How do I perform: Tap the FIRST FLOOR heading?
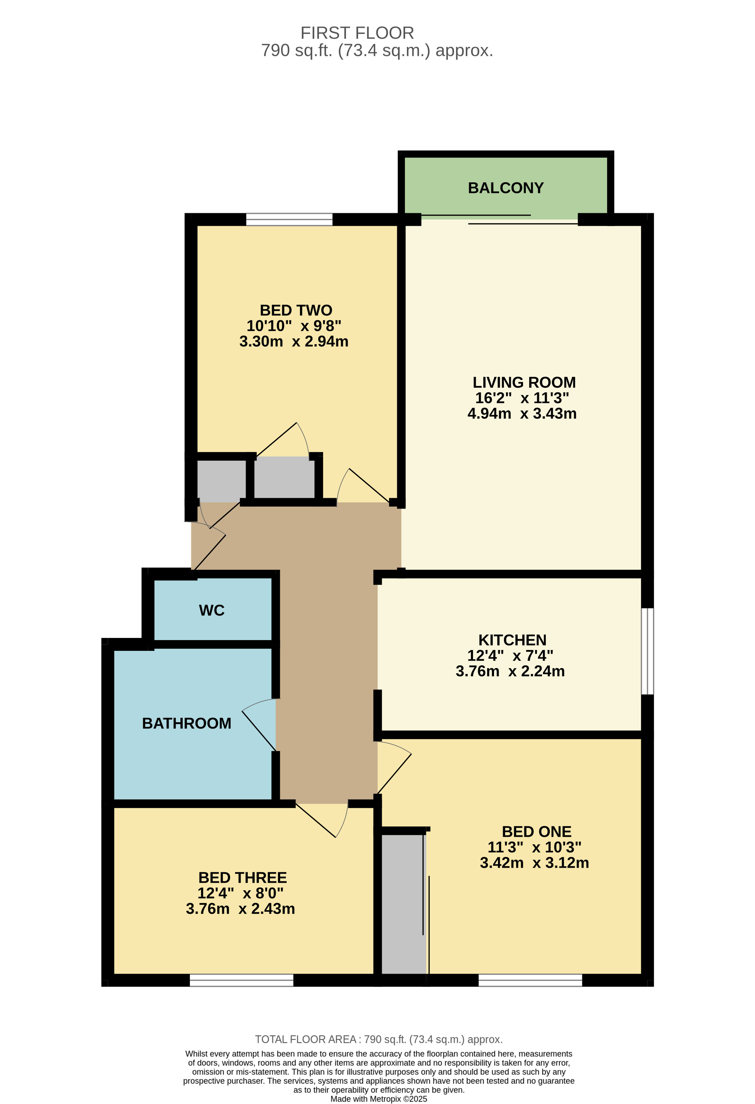point(357,33)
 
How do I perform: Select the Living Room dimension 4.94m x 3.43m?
point(522,414)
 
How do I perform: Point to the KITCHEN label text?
point(512,640)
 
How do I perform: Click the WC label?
point(212,611)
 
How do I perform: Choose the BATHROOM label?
point(187,723)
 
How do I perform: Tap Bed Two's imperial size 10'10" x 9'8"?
point(294,326)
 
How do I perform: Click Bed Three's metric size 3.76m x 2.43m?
point(240,909)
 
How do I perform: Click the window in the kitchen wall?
point(647,651)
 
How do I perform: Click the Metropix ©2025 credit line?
point(379,1099)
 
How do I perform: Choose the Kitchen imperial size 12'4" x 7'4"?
point(510,655)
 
